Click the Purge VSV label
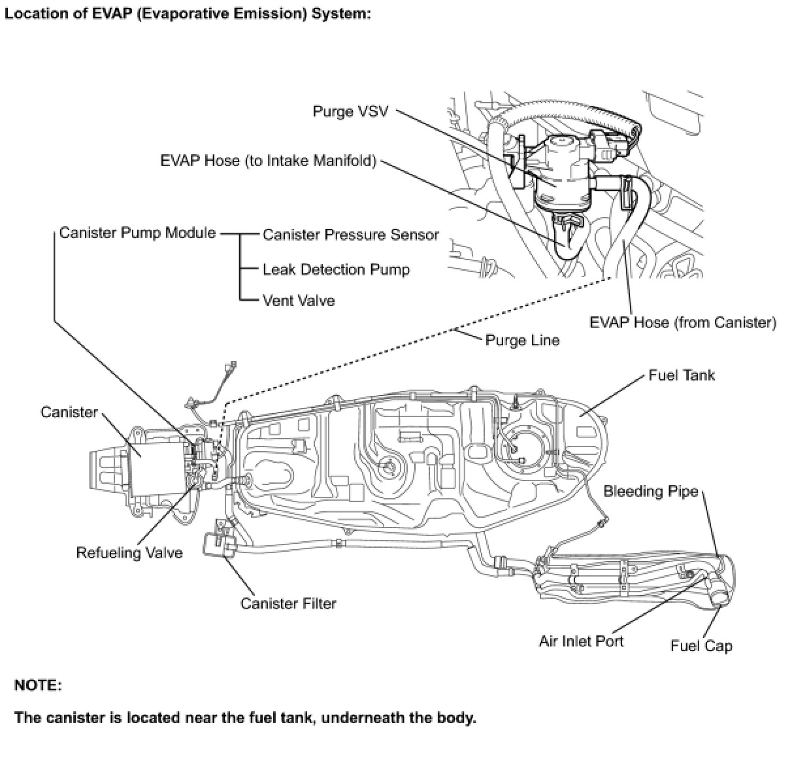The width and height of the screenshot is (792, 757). tap(350, 111)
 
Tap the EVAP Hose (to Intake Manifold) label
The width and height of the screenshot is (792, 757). tap(268, 161)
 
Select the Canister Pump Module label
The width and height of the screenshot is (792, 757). tap(137, 233)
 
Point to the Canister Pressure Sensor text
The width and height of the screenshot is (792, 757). tap(350, 235)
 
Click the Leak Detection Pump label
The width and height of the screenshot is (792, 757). tap(336, 269)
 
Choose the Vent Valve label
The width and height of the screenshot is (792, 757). tap(299, 301)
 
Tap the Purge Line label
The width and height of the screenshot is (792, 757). tap(522, 340)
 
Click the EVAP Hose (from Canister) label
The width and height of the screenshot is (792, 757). tap(683, 322)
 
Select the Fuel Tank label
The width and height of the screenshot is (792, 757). tap(682, 375)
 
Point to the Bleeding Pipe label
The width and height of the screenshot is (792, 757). tap(650, 491)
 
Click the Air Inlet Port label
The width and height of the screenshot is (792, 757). tap(581, 641)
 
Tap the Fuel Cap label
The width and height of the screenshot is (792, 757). tap(701, 646)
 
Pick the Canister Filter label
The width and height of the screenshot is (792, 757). tap(288, 603)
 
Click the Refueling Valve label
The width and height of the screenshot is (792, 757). tap(129, 553)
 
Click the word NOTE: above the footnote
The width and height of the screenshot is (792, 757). tap(38, 686)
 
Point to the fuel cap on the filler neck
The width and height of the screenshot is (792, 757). tap(721, 596)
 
